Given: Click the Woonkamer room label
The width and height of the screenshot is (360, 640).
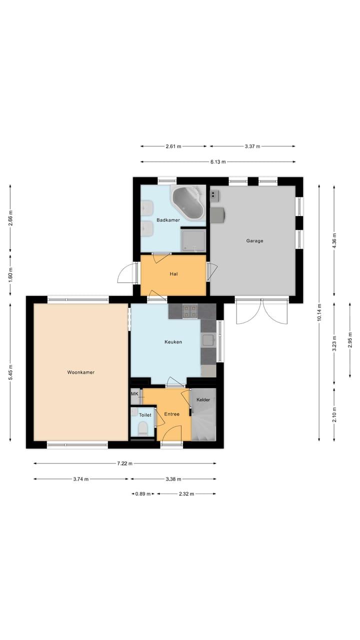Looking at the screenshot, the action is [81, 372].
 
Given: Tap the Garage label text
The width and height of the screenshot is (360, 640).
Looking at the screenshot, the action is [254, 241].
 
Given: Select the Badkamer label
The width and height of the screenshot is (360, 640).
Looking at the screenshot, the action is [168, 220].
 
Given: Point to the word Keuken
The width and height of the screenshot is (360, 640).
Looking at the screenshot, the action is [173, 341].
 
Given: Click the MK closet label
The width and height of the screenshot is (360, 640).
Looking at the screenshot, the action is [134, 394].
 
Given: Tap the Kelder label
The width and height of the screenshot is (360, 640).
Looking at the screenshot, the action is [203, 399].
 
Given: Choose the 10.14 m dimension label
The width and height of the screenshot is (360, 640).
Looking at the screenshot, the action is [319, 312].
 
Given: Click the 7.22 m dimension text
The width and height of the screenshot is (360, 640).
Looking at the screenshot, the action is [124, 463].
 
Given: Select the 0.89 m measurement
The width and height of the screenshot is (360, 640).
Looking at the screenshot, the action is [143, 493].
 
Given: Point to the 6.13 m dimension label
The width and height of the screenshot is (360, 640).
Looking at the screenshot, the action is [218, 162].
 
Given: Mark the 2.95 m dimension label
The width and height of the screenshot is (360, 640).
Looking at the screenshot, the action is [350, 340].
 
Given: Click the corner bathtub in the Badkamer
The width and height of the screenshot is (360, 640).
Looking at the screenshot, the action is [188, 203].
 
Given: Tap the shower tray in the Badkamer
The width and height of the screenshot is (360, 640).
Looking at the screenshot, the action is [193, 240].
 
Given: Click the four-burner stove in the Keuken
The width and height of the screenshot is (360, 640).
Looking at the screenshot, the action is [190, 311].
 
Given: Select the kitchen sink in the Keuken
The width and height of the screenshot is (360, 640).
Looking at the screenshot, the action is [208, 340].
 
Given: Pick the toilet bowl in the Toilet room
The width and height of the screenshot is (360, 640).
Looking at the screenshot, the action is [142, 429].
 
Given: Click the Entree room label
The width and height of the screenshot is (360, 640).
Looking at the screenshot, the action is [171, 414].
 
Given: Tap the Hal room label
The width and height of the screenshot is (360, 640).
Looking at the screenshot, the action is [173, 274].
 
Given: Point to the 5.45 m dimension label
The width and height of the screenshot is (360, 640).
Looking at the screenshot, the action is [10, 372].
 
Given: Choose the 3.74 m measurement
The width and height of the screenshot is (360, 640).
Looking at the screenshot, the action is [81, 479].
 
